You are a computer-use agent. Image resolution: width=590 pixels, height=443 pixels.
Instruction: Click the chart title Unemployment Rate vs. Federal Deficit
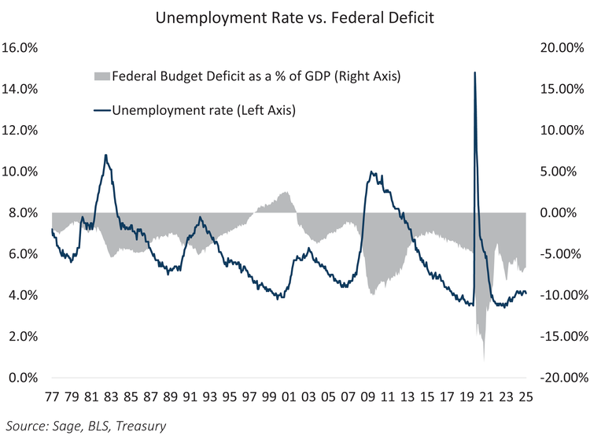[x=294, y=17]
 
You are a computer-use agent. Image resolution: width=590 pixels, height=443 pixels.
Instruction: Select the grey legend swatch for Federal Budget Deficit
[x=101, y=77]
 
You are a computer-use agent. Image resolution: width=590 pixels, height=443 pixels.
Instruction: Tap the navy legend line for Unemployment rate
[x=101, y=110]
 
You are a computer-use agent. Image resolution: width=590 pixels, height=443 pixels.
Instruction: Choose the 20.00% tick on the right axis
[x=560, y=48]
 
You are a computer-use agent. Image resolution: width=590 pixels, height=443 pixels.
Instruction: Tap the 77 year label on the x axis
[x=52, y=397]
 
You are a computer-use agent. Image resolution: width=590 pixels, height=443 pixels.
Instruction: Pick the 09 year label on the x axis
[x=367, y=397]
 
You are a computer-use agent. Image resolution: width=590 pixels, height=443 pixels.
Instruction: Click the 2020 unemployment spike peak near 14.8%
[x=474, y=73]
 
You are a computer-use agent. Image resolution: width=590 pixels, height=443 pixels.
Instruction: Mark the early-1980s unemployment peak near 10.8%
[x=105, y=156]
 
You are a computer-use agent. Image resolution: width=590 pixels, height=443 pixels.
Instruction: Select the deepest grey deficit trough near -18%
[x=484, y=359]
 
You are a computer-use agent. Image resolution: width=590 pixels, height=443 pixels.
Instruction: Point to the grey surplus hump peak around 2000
[x=285, y=192]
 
